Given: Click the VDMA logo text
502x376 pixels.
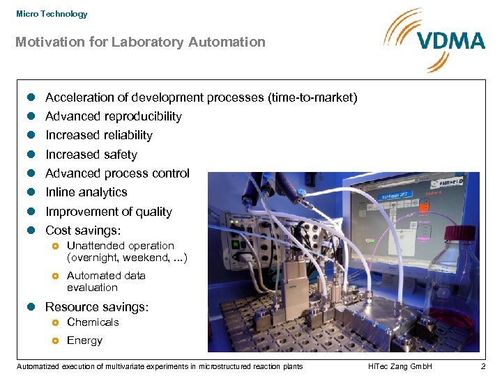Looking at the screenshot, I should point(451,40).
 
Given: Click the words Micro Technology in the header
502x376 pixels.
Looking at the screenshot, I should point(52,14).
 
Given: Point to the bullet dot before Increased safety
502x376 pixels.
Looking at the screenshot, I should point(30,155).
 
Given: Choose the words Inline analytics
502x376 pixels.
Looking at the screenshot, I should point(86,192).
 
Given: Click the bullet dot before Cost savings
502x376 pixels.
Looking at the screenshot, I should point(30,230).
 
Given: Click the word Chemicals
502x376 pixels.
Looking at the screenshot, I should point(93,322).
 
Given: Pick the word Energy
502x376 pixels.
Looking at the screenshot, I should point(84,340).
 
